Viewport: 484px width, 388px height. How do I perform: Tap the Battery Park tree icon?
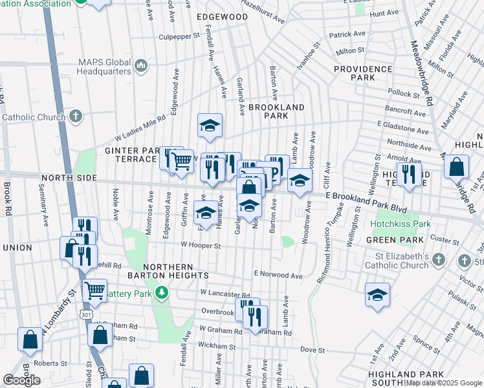coord(162,294)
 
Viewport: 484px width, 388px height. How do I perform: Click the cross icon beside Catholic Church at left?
coord(76,117)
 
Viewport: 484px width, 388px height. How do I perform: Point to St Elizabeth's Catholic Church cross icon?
coord(439,260)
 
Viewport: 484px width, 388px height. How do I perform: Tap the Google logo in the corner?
coord(22,380)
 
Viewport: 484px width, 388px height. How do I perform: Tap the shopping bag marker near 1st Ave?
coord(457,167)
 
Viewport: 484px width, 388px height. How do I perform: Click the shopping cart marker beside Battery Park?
coord(95,290)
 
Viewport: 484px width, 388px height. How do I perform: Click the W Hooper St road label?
coord(201,246)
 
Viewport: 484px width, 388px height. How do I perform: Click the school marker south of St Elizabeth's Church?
coord(377,294)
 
